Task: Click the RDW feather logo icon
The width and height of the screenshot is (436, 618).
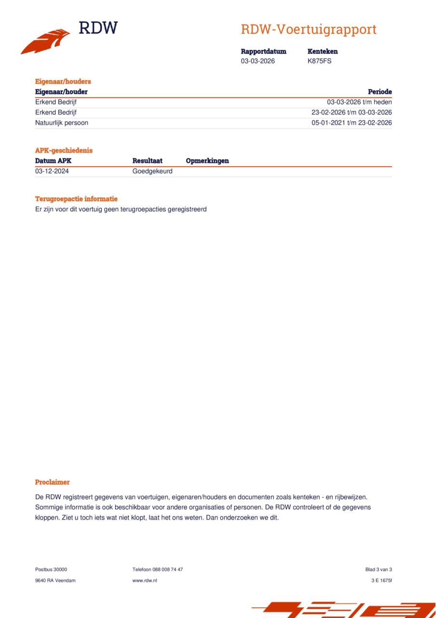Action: [46, 42]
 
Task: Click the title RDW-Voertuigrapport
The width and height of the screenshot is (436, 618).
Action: [309, 29]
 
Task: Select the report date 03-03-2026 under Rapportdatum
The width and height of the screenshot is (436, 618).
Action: [258, 61]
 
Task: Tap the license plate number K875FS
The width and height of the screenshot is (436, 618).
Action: [319, 61]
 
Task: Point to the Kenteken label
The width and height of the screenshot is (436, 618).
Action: [322, 51]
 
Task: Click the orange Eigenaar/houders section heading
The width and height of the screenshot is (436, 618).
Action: [63, 82]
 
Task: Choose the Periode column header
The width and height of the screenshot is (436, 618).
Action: [380, 92]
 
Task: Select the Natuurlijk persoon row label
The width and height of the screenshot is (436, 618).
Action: [62, 123]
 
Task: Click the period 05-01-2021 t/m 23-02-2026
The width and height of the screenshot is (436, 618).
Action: [352, 123]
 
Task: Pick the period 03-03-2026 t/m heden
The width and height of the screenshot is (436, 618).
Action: [359, 102]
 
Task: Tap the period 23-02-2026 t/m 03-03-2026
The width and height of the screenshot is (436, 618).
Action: [352, 112]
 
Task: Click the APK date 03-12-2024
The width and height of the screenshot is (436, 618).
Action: [52, 171]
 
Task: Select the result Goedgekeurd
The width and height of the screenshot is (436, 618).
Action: [152, 171]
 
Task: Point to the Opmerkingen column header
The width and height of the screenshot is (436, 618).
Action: [207, 161]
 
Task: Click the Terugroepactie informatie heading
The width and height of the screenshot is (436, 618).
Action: [76, 199]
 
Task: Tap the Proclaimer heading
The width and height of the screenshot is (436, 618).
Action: [52, 482]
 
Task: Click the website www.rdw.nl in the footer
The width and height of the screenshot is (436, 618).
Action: [145, 580]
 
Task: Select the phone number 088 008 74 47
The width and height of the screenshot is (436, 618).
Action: [167, 570]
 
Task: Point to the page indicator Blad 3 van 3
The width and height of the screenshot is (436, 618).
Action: [379, 570]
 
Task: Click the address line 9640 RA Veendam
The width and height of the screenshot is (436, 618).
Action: [55, 580]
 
